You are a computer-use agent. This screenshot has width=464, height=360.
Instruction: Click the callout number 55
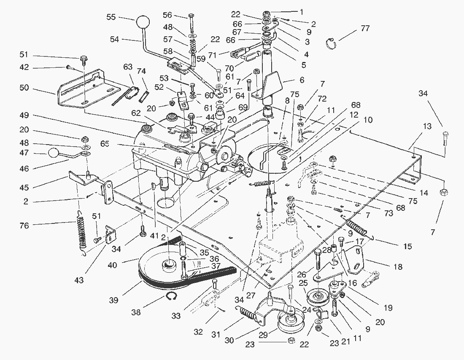[111, 17]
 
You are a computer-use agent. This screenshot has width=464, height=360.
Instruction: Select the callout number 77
[365, 29]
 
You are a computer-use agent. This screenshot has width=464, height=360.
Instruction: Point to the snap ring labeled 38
[171, 297]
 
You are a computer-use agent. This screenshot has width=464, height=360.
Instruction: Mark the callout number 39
[113, 300]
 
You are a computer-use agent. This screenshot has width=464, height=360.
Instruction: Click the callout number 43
[79, 280]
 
